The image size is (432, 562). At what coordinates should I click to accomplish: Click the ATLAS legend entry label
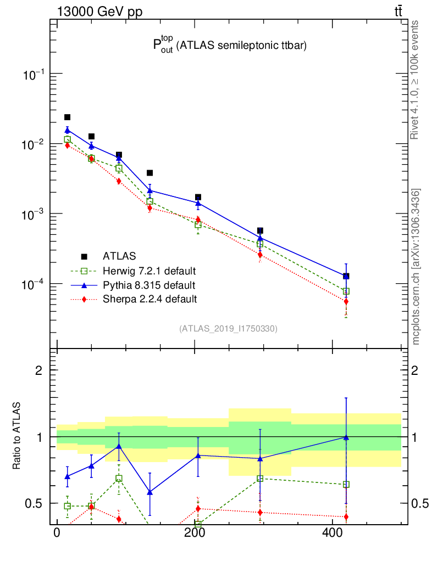pos(119,256)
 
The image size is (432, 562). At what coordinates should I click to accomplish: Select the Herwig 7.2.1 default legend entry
pos(149,271)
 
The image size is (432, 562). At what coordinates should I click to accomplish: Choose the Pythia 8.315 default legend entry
pos(148,285)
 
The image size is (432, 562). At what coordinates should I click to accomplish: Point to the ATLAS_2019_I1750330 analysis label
pos(228,329)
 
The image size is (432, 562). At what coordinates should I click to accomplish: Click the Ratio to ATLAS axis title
pos(17,436)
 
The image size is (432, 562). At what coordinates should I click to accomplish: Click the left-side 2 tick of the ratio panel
pos(38,370)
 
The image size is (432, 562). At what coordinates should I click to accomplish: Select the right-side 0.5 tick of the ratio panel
pos(417,503)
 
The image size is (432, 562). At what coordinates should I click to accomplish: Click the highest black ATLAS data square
pos(67,117)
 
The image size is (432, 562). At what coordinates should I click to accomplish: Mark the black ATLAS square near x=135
pos(149,173)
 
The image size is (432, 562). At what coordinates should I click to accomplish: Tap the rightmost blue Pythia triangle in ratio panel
pos(346,437)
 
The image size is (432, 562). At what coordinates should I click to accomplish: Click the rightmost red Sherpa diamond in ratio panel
pos(346,517)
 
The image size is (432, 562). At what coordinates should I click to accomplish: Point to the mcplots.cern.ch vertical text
pos(416,267)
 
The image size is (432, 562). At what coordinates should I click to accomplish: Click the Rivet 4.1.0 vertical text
pos(416,80)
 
